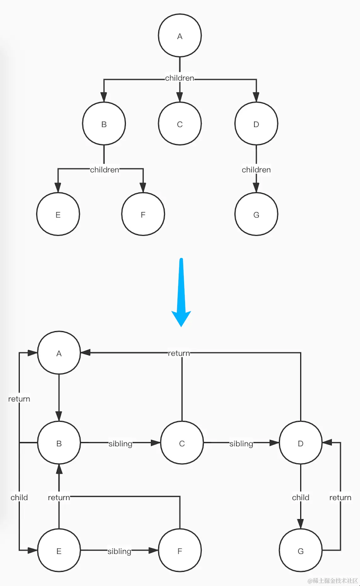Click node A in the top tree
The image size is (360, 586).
coord(180,36)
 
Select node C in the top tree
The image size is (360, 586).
coord(180,124)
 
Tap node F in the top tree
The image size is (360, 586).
coord(143,214)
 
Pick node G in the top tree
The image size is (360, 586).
coord(256,214)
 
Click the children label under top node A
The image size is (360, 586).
coord(180,78)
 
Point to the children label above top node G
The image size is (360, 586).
coord(256,170)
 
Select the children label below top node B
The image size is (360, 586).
coord(105,170)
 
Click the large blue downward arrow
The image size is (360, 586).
coord(181,293)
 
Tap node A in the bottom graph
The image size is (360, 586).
coord(59,353)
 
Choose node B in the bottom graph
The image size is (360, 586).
coord(59,443)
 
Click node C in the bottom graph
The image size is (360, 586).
coord(182,443)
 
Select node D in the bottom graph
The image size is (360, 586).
coord(300,443)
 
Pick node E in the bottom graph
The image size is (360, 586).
coord(59,551)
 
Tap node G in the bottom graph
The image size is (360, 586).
coord(300,551)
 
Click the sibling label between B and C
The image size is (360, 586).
coord(120,444)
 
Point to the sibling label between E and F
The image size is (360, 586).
coord(119,551)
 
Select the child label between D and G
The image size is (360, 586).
coord(300,497)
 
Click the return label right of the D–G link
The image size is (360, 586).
coord(340,497)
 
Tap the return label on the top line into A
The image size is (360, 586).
coord(179,353)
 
